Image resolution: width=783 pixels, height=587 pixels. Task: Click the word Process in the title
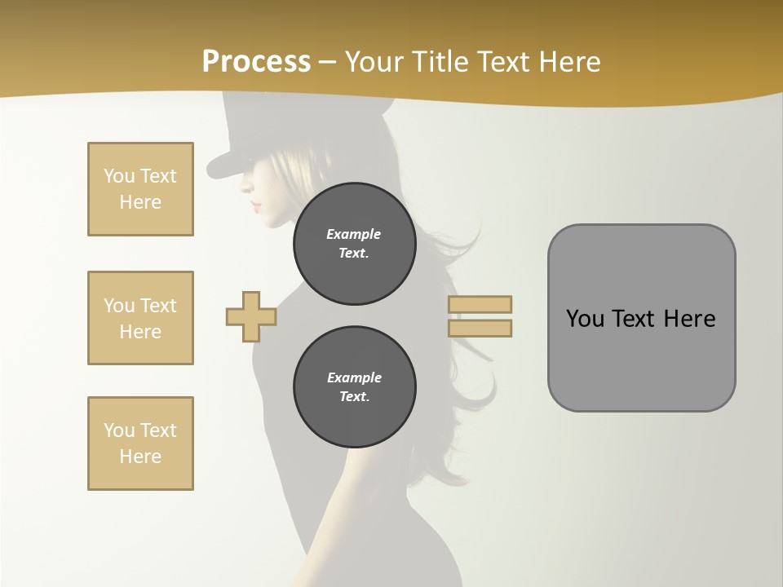tap(256, 62)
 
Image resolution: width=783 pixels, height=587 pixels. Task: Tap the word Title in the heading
tap(441, 62)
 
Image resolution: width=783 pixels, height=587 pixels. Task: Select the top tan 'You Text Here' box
tap(140, 189)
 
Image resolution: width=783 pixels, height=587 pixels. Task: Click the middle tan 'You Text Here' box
tap(140, 318)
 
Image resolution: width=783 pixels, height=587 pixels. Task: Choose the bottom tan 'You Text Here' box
tap(140, 444)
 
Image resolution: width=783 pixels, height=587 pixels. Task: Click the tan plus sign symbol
tap(251, 316)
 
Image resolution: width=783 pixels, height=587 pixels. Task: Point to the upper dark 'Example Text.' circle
tap(354, 244)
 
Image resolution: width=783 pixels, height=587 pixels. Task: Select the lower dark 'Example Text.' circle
tap(354, 387)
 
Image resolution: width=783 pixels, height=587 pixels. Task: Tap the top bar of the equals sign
tap(480, 304)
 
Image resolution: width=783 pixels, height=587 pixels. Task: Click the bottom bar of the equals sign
tap(480, 329)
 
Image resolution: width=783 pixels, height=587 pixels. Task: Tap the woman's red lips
tap(256, 204)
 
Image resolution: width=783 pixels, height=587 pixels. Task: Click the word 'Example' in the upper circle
tap(354, 234)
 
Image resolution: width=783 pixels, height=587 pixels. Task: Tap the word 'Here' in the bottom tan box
tap(140, 457)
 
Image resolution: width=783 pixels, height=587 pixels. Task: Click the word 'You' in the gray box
tap(585, 319)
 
